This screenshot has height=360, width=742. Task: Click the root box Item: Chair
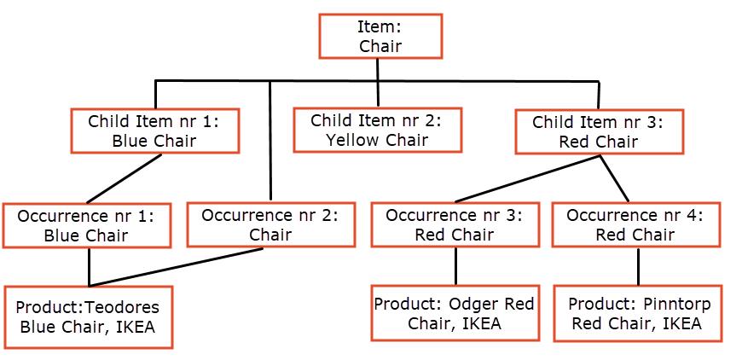(380, 36)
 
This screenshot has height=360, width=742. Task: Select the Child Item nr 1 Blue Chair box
(154, 131)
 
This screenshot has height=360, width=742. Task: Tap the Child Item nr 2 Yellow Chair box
(377, 130)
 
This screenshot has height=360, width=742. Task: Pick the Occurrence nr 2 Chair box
(270, 224)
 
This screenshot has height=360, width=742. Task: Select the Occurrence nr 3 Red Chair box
(455, 224)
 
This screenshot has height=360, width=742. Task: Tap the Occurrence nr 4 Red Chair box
(635, 224)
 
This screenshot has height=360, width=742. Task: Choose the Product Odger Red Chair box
(455, 314)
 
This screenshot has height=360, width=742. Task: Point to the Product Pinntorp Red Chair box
(638, 314)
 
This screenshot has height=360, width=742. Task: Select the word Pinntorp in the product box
(675, 305)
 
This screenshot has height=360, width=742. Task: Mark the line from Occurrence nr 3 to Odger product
(455, 266)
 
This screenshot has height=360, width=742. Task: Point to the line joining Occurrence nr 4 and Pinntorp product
(638, 266)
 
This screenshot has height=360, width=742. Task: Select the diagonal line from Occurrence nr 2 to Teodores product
(175, 267)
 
